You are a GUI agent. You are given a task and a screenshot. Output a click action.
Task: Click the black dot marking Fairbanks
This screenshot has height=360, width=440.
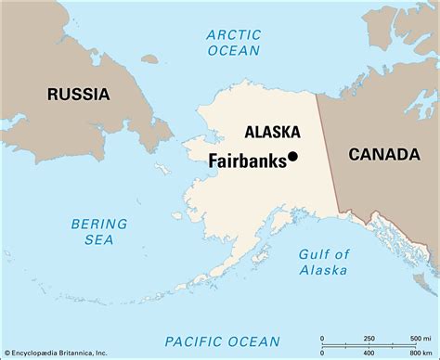pos(292,157)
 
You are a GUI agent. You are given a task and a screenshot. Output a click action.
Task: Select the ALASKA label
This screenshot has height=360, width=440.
pos(272,132)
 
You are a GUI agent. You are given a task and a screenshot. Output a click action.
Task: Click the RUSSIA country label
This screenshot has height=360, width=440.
pos(80,94)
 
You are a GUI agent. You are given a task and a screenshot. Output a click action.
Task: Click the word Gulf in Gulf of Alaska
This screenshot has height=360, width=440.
pos(312,254)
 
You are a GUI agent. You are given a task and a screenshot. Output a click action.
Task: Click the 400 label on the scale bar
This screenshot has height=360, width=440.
pos(369,353)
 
